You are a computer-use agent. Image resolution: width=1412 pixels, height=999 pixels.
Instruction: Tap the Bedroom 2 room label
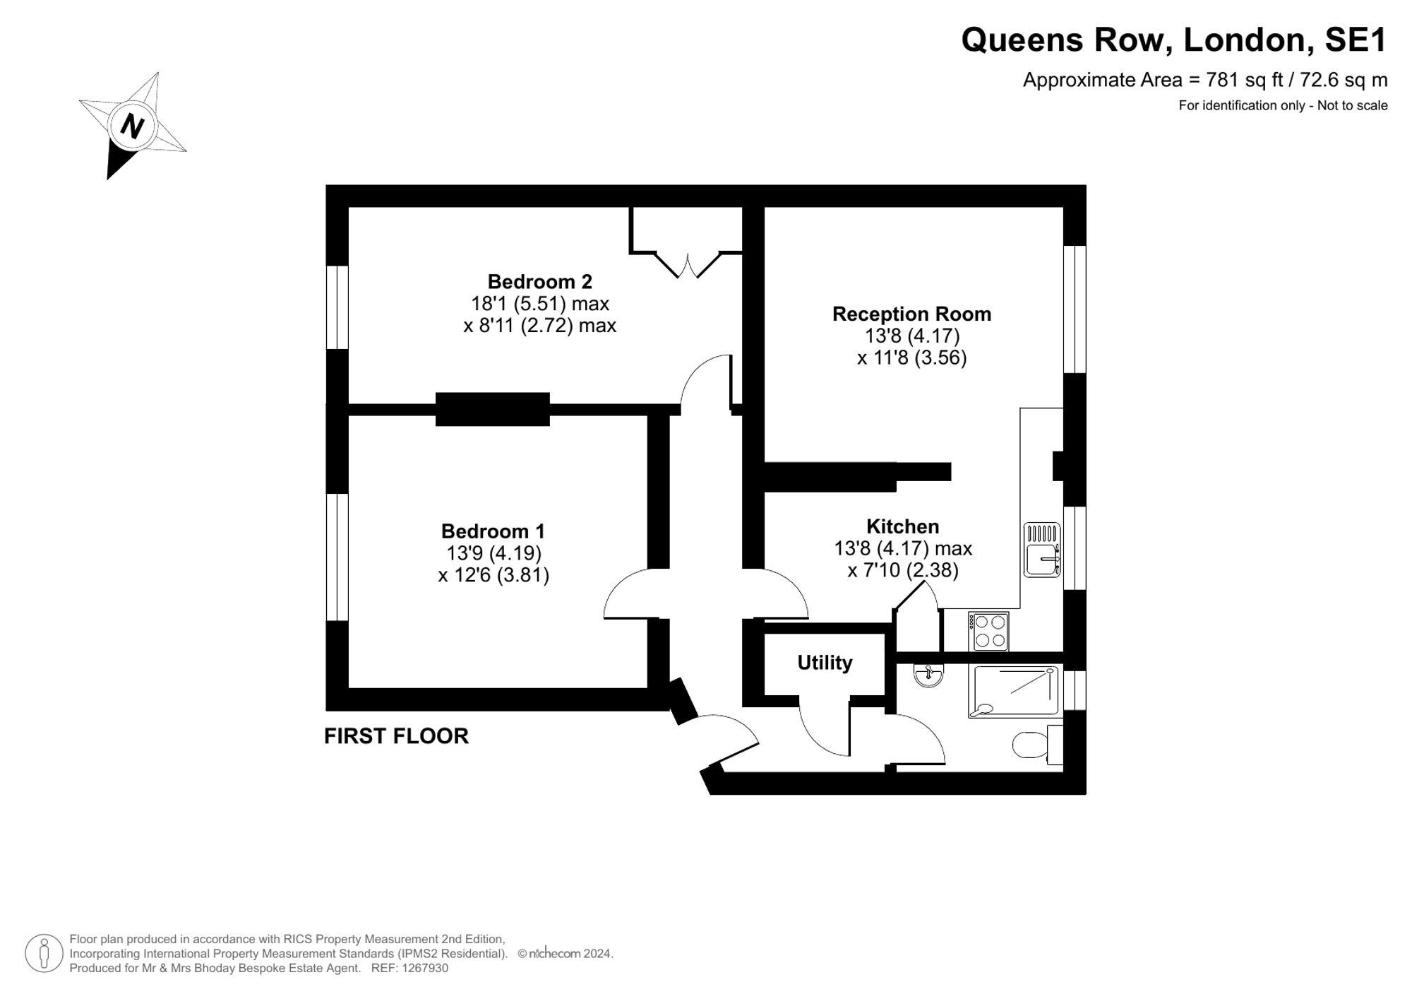pyautogui.click(x=540, y=282)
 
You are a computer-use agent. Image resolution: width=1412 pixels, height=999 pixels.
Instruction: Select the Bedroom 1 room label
pyautogui.click(x=493, y=531)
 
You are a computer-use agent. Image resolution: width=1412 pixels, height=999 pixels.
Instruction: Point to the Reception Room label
pyautogui.click(x=911, y=314)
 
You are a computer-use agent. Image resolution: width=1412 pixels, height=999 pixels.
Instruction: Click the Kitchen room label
pyautogui.click(x=903, y=526)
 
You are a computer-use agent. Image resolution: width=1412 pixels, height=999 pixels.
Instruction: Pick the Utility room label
pyautogui.click(x=825, y=663)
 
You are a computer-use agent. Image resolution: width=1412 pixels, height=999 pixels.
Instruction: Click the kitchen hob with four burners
pyautogui.click(x=989, y=631)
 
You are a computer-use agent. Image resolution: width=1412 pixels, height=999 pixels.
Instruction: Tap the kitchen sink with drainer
pyautogui.click(x=1042, y=550)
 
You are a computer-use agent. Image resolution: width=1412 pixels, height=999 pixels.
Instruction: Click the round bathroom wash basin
pyautogui.click(x=928, y=675)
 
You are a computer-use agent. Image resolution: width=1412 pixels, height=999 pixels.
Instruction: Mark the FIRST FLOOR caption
pyautogui.click(x=396, y=736)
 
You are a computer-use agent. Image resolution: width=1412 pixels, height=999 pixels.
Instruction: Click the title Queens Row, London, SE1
pyautogui.click(x=1174, y=40)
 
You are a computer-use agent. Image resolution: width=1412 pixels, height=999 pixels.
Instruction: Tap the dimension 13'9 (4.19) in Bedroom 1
pyautogui.click(x=493, y=553)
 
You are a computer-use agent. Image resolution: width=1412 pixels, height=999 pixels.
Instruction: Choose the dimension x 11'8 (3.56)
pyautogui.click(x=911, y=357)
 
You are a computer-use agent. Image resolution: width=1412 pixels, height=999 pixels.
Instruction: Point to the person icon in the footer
pyautogui.click(x=44, y=953)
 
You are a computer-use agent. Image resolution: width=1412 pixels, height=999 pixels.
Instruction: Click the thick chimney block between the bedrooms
pyautogui.click(x=492, y=409)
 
